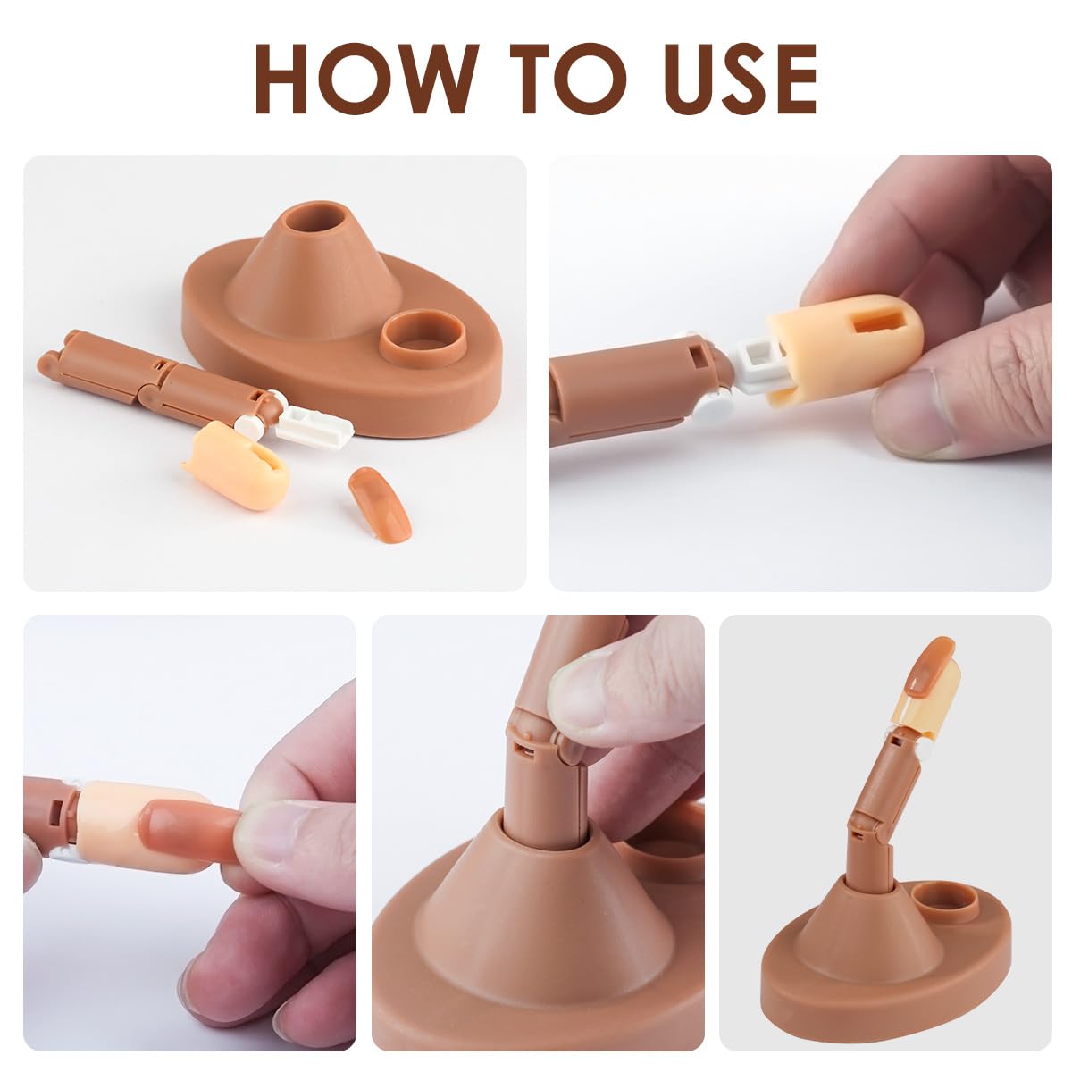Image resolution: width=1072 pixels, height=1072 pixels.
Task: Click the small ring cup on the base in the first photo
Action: pyautogui.click(x=423, y=338)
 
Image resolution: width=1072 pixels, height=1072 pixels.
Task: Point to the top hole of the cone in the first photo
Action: pyautogui.click(x=318, y=223)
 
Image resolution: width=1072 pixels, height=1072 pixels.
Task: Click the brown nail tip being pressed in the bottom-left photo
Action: pyautogui.click(x=188, y=828)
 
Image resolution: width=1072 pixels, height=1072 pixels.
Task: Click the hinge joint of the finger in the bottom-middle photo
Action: pyautogui.click(x=536, y=741)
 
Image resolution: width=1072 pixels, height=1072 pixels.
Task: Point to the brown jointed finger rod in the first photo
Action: pyautogui.click(x=152, y=380)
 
